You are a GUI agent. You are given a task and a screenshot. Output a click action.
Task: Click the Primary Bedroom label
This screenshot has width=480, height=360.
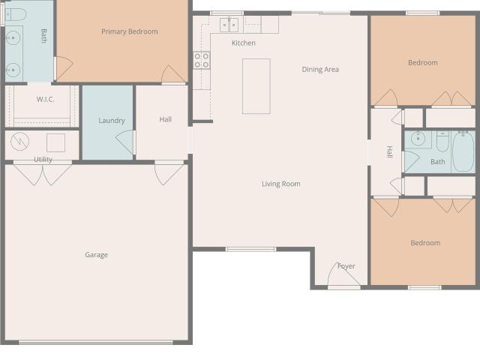(130, 31)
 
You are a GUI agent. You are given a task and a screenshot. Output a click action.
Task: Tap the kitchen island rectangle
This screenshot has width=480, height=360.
(256, 86)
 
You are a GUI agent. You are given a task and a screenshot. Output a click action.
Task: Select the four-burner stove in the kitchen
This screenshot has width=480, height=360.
(202, 60)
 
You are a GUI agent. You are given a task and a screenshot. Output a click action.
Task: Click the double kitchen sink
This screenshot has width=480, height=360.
(229, 25)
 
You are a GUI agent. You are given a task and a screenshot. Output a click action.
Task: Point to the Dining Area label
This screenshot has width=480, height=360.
(320, 70)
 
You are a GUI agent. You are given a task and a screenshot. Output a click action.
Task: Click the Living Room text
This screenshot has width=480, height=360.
(281, 184)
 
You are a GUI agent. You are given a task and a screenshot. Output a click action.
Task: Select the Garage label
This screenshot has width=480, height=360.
(97, 255)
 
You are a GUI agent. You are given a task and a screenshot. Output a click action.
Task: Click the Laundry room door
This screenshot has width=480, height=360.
(126, 142)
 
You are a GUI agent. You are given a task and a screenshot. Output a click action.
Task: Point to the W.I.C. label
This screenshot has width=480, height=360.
(45, 99)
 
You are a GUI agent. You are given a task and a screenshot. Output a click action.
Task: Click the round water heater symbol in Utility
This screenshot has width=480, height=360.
(20, 142)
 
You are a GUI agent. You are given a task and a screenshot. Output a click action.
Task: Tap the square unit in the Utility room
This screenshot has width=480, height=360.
(55, 142)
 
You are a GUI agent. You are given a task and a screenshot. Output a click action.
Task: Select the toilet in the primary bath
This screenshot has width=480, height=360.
(16, 14)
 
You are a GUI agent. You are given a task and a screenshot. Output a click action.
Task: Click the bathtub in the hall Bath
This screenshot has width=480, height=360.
(463, 151)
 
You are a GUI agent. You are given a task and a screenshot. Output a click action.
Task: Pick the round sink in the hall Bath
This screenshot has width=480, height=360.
(418, 139)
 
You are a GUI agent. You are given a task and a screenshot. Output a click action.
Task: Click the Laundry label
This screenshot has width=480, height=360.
(112, 121)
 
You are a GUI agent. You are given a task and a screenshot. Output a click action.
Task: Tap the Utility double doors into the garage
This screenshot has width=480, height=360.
(43, 173)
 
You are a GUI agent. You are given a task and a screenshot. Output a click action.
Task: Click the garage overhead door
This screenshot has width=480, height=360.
(96, 342)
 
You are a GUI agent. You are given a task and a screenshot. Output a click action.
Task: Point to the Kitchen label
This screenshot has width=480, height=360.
(243, 43)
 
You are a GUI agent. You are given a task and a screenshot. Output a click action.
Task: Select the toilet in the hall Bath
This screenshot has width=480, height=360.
(442, 141)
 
